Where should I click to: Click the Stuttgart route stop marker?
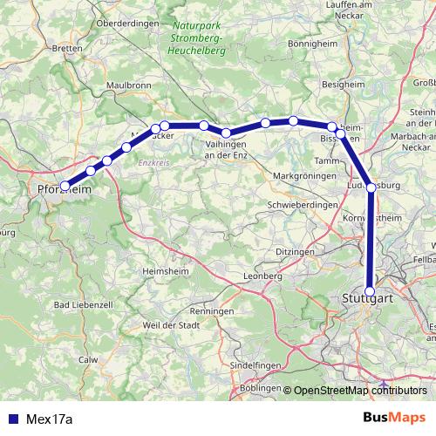(x=370, y=292)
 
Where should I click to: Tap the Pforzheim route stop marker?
(x=65, y=186)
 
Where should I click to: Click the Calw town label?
(x=88, y=358)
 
